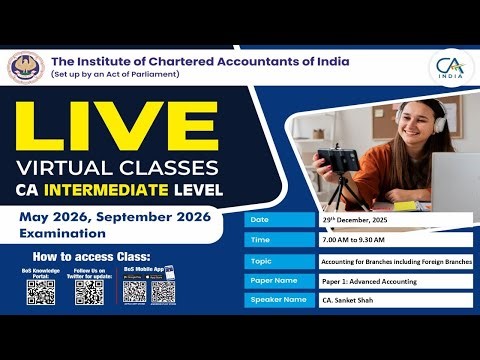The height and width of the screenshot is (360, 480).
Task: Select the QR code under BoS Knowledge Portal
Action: click(40, 292)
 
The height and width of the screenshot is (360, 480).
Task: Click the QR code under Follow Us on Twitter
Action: click(89, 292)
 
